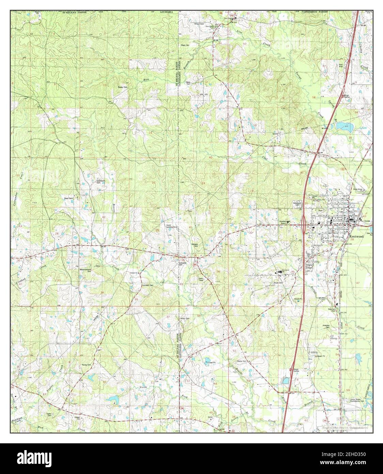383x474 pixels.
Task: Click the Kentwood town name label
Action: click(356, 236)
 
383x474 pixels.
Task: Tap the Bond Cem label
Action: click(69, 198)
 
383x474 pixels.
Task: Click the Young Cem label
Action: click(86, 365)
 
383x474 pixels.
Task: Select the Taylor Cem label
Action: click(51, 415)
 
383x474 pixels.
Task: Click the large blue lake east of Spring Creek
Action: click(342, 127)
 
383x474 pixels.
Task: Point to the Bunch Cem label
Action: click(184, 319)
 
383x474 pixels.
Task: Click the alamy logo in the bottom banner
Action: click(37, 458)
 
